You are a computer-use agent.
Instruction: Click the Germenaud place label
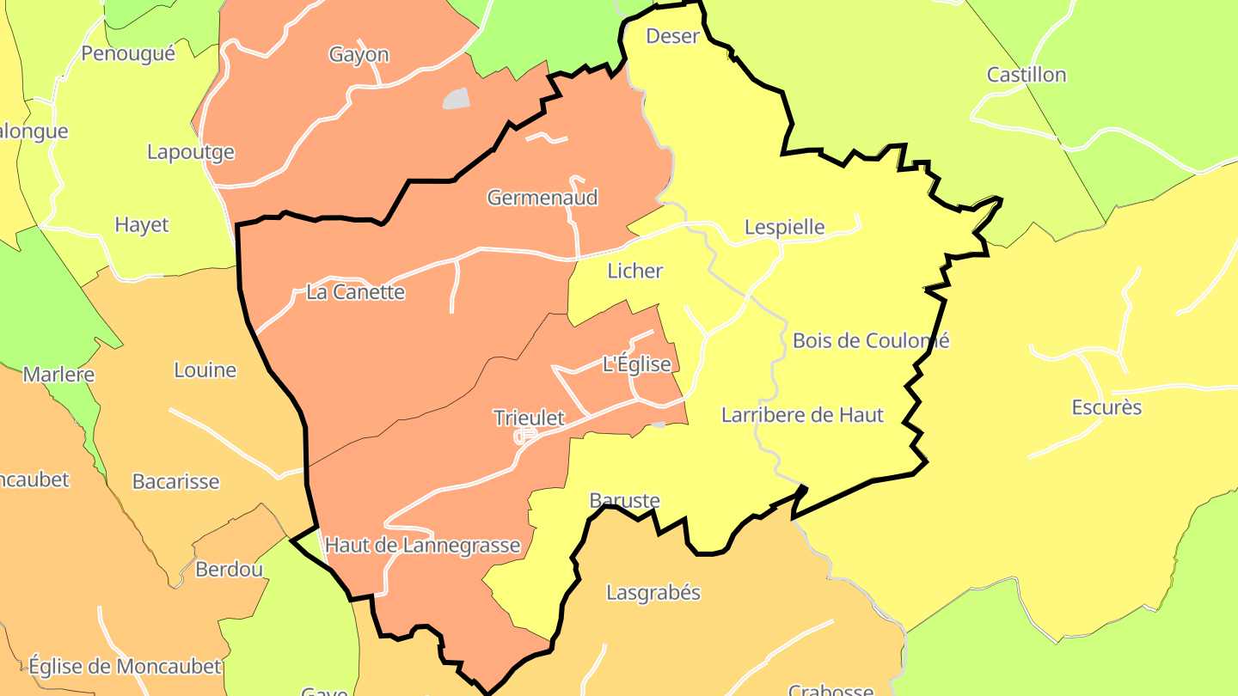(x=542, y=198)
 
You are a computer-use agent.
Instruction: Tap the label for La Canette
(x=355, y=292)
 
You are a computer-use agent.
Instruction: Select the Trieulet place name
(x=529, y=418)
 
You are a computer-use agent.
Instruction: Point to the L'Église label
(x=637, y=364)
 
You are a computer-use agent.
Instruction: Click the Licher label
(x=635, y=272)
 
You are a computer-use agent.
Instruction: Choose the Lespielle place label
(x=784, y=228)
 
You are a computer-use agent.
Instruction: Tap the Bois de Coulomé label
(x=871, y=340)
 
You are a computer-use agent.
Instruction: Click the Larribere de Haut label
(x=802, y=415)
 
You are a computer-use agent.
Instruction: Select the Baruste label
(x=625, y=500)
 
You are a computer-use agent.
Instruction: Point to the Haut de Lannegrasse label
(x=423, y=546)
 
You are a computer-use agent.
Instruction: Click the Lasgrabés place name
(x=653, y=593)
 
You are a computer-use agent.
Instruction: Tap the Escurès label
(x=1106, y=407)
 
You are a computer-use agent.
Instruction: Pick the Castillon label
(x=1027, y=75)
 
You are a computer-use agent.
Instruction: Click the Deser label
(x=672, y=36)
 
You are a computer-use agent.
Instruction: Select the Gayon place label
(x=359, y=55)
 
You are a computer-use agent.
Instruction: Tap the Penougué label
(x=128, y=53)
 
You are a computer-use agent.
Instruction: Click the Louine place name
(x=205, y=370)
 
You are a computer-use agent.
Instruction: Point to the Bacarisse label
(x=175, y=481)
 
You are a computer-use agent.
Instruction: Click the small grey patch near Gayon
(x=457, y=99)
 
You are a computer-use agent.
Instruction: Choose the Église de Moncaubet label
(x=126, y=666)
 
